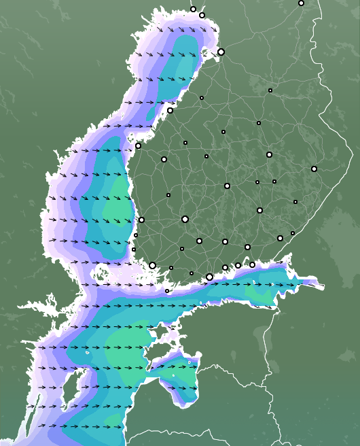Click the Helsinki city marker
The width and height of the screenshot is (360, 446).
209,277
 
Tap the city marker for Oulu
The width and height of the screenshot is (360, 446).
221,52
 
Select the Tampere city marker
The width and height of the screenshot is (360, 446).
185,219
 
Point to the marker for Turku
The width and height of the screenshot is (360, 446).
152,265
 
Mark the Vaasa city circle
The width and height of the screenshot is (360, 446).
138,145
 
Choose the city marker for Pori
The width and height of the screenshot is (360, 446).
141,219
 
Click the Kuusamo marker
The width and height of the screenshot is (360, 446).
301,3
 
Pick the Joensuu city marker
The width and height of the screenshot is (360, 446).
314,169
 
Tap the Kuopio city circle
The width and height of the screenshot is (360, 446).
269,154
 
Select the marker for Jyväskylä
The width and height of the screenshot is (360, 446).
227,186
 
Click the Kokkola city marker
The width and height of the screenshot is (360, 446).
170,110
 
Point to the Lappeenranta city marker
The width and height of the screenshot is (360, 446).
280,238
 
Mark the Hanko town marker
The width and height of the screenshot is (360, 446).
167,291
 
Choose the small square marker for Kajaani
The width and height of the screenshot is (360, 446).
270,90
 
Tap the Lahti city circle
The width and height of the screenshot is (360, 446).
225,241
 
